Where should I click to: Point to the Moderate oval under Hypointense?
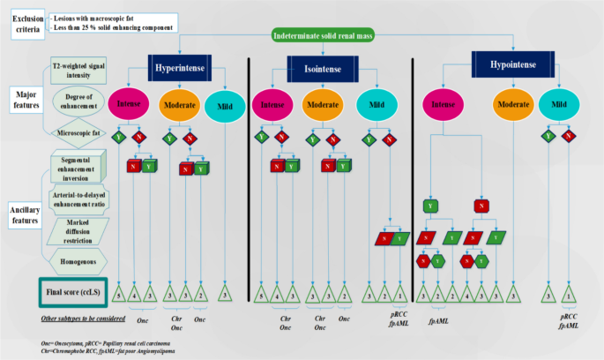512,107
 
